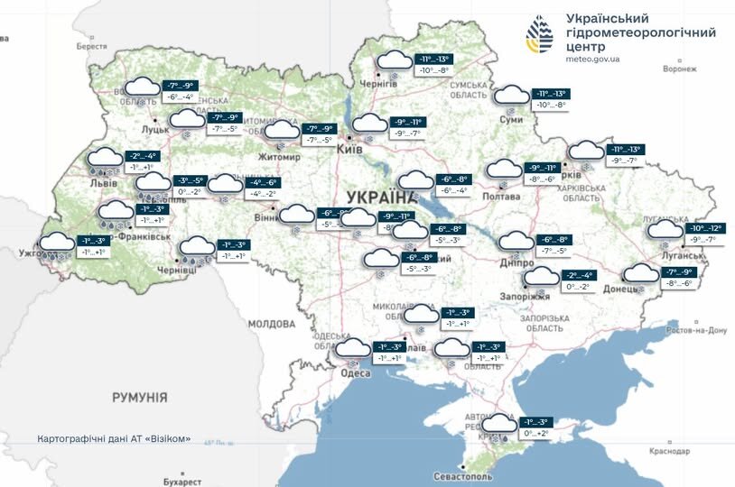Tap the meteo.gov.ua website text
click(592, 59)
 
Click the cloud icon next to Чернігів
click(393, 62)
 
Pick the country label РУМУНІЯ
click(140, 397)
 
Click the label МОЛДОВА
click(272, 323)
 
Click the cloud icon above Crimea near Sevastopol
click(498, 423)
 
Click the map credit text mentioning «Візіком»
click(114, 439)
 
